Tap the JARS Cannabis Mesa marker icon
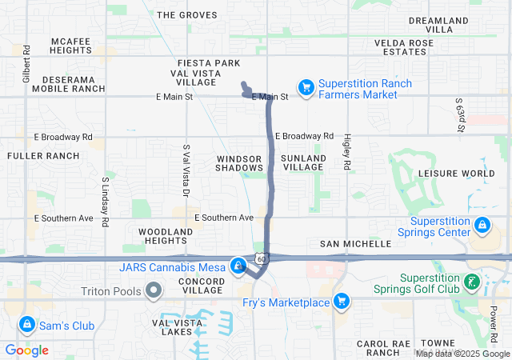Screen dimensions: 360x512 pyautogui.click(x=238, y=265)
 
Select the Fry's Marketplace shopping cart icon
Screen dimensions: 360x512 pyautogui.click(x=342, y=302)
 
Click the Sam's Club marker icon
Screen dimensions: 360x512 pyautogui.click(x=27, y=324)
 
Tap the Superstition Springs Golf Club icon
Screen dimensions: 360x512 pyautogui.click(x=473, y=281)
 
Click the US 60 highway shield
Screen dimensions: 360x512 pyautogui.click(x=262, y=258)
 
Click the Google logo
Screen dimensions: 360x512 pyautogui.click(x=27, y=350)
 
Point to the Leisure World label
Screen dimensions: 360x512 pyautogui.click(x=457, y=173)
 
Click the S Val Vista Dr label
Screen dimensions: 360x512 pyautogui.click(x=186, y=172)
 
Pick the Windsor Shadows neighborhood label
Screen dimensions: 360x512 pyautogui.click(x=239, y=163)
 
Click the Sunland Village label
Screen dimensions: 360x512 pyautogui.click(x=305, y=163)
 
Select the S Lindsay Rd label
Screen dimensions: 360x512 pyautogui.click(x=105, y=201)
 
